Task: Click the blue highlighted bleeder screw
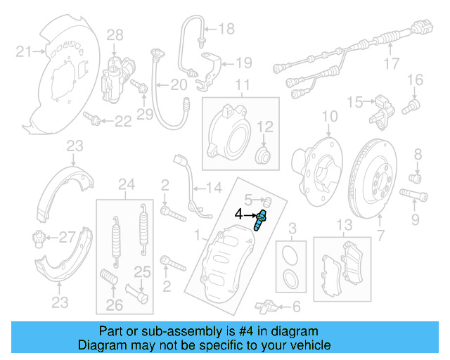tap(262, 220)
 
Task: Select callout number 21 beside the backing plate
tap(25, 50)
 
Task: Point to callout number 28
tap(115, 34)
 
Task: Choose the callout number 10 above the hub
tap(330, 116)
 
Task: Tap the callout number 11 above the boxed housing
tap(243, 87)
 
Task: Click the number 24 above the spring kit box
tap(126, 186)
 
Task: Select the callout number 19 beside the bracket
tap(243, 63)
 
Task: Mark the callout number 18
tap(226, 29)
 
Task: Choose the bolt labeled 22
tap(92, 117)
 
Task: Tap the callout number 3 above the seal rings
tap(293, 227)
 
